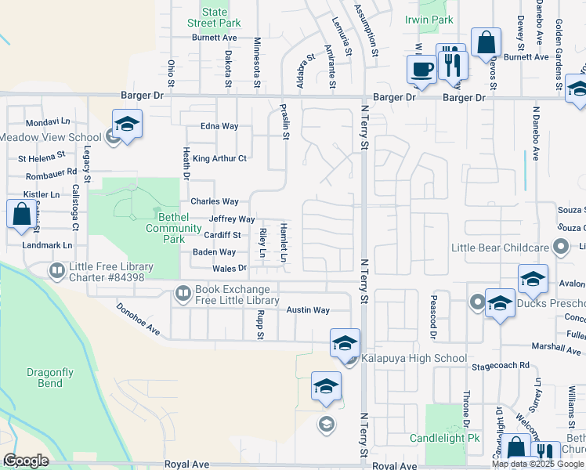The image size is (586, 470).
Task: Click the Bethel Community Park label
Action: point(164,228)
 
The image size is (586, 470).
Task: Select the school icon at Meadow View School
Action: point(127,125)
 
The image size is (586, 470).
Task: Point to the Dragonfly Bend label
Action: point(44,378)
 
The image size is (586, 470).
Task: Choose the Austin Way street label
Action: point(307,310)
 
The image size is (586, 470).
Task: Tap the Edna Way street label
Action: point(219,126)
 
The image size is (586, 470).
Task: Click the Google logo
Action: point(26,461)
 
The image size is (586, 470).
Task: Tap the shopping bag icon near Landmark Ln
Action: point(20,213)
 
